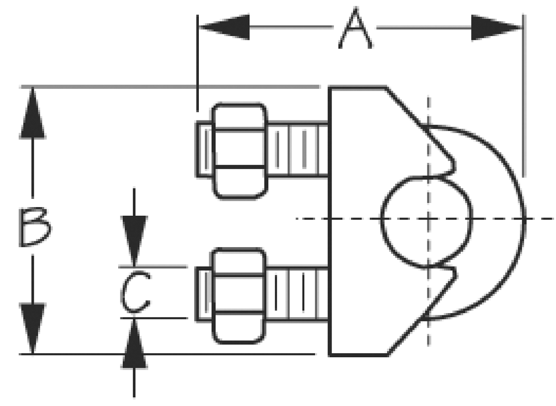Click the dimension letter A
pyautogui.click(x=355, y=28)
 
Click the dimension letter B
pyautogui.click(x=34, y=227)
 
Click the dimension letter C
pyautogui.click(x=135, y=292)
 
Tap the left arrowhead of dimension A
pyautogui.click(x=225, y=27)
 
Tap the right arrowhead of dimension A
pyautogui.click(x=496, y=28)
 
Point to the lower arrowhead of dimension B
pyautogui.click(x=32, y=328)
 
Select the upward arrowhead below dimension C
pyautogui.click(x=134, y=343)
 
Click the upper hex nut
pyautogui.click(x=239, y=150)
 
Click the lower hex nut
pyautogui.click(x=239, y=296)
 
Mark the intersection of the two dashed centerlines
pyautogui.click(x=428, y=219)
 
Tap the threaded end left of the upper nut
pyautogui.click(x=205, y=149)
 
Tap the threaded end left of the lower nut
pyautogui.click(x=205, y=294)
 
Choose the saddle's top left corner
pyautogui.click(x=330, y=88)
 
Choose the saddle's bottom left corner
pyautogui.click(x=330, y=354)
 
